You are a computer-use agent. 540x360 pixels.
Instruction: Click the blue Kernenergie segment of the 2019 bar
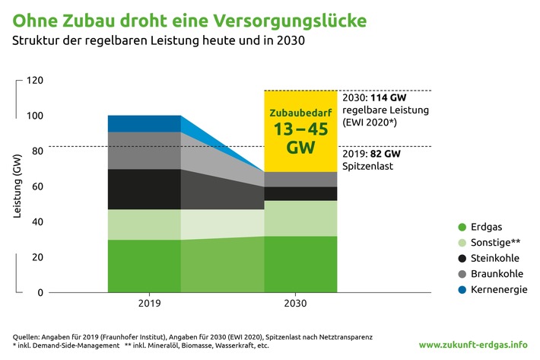[x=144, y=123]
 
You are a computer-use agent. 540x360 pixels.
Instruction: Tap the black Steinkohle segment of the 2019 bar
[x=144, y=189]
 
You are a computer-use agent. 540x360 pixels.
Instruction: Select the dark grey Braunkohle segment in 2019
[x=144, y=150]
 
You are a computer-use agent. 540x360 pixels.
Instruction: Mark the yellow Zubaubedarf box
[x=300, y=129]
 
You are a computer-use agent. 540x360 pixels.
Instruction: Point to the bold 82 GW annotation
[x=386, y=152]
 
